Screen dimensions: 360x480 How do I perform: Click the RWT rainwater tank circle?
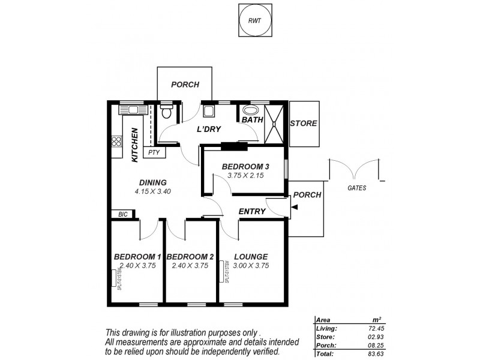[255, 20]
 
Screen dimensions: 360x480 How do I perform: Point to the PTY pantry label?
[154, 152]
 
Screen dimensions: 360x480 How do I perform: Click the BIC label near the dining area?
[122, 214]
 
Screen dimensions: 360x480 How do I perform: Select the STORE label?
[303, 124]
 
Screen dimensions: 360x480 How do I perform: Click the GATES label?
[356, 188]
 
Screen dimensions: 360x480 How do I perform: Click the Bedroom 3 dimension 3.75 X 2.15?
[245, 175]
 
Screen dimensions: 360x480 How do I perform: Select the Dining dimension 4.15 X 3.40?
[152, 192]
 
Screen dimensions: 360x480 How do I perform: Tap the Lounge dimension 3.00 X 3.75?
[251, 265]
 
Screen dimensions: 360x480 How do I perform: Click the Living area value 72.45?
[382, 329]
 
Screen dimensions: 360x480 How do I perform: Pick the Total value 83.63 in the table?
[382, 354]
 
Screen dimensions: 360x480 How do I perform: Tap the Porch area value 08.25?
[382, 346]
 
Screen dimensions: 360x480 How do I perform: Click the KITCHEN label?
[136, 145]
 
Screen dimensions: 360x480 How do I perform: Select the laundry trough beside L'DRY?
[209, 111]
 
